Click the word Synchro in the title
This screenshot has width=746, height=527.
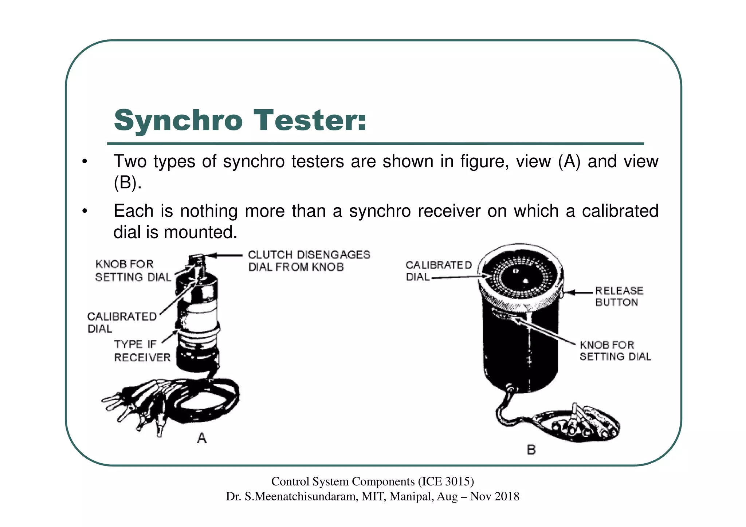[x=178, y=121]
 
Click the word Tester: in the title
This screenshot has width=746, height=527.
[x=310, y=121]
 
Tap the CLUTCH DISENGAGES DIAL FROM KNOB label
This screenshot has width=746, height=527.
[x=309, y=261]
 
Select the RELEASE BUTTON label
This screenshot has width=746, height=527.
[x=619, y=296]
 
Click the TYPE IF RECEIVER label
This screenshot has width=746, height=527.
[x=142, y=351]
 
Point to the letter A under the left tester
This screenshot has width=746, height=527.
[x=201, y=438]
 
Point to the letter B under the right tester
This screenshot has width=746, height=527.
[x=531, y=450]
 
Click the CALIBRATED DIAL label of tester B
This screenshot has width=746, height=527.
[x=438, y=271]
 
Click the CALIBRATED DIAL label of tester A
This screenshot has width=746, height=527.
[x=122, y=322]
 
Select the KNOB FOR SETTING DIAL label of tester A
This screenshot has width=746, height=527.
[x=133, y=271]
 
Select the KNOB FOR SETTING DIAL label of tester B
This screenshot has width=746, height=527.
[x=615, y=350]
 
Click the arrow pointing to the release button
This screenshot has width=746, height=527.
[x=579, y=292]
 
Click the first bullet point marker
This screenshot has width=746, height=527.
[x=85, y=162]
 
